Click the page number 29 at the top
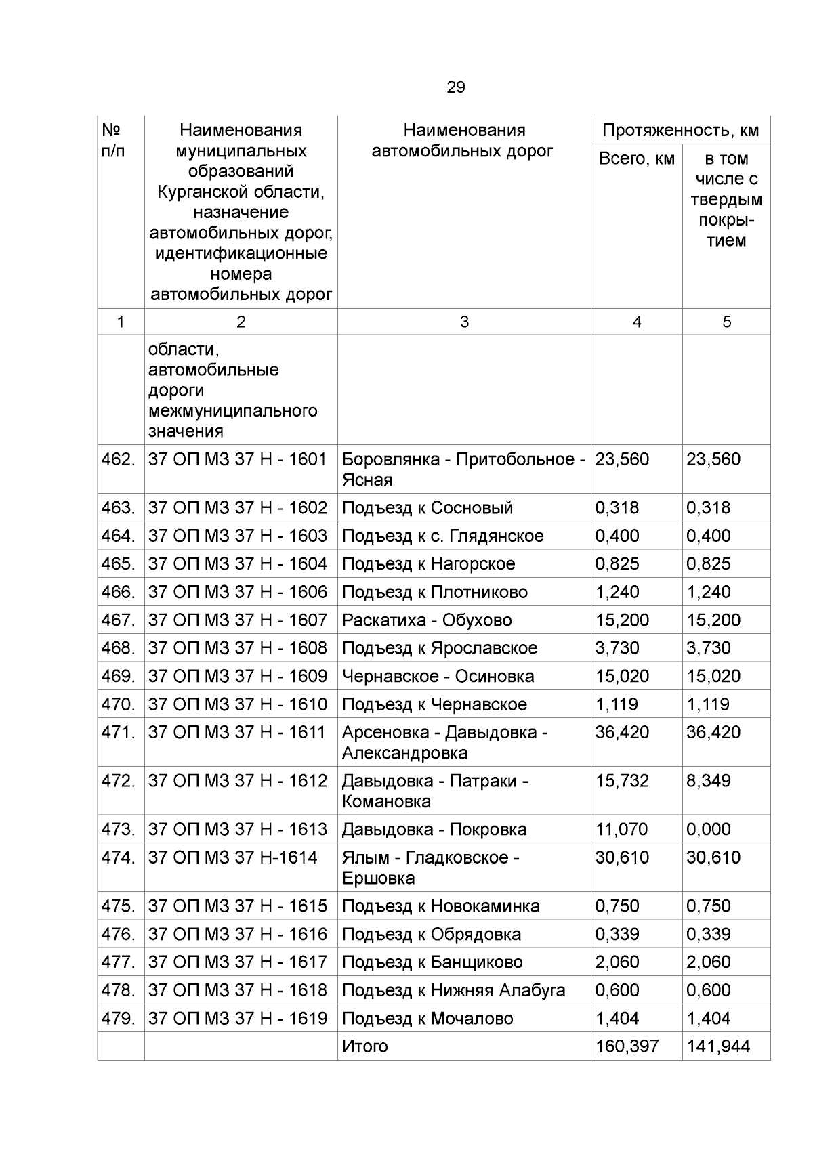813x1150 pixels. coord(455,87)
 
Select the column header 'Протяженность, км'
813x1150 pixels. coord(680,130)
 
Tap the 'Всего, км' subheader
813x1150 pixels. coord(636,158)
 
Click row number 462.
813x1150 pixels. coord(118,459)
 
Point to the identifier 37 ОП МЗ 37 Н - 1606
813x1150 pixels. coord(237,592)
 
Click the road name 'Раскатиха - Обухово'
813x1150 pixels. coord(426,620)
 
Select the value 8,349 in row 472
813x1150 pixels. coord(708,781)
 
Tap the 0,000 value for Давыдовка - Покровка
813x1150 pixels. coord(708,830)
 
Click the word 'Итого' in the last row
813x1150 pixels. coord(364,1046)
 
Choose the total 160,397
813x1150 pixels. coord(627,1046)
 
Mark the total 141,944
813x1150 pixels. coord(718,1046)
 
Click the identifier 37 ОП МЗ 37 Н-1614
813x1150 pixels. coord(232,857)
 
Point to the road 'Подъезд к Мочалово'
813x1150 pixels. coord(427,1019)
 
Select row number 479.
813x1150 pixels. coord(118,1019)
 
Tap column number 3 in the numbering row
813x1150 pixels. coord(463,322)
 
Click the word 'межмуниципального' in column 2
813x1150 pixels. coord(232,411)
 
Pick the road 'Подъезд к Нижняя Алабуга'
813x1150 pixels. coord(453,990)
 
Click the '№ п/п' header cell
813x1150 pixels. coord(112,140)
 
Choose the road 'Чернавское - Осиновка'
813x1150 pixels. coord(437,677)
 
